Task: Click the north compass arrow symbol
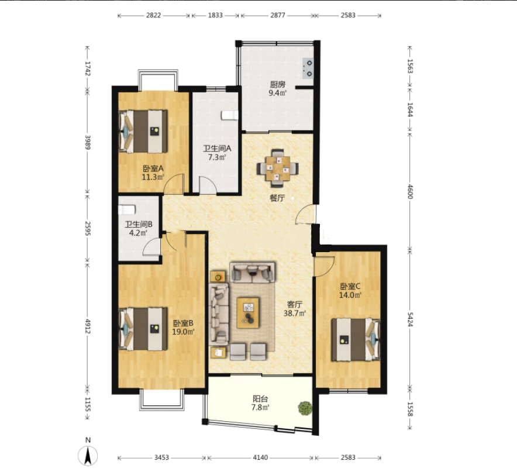(x=88, y=456)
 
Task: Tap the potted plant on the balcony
(x=305, y=408)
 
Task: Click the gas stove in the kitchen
(x=308, y=68)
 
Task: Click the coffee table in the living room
(x=248, y=313)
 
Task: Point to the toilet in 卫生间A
(x=230, y=115)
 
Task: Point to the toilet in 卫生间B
(x=127, y=209)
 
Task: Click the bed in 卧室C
(x=356, y=339)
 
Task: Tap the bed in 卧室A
(x=143, y=131)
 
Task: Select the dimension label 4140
(x=260, y=457)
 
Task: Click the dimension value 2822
(x=153, y=15)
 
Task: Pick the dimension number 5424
(x=410, y=319)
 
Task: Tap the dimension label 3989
(x=88, y=142)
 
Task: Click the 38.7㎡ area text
(x=295, y=313)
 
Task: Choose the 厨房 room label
(x=278, y=84)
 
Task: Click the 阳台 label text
(x=260, y=399)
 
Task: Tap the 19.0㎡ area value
(x=183, y=332)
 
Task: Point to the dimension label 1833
(x=215, y=15)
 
